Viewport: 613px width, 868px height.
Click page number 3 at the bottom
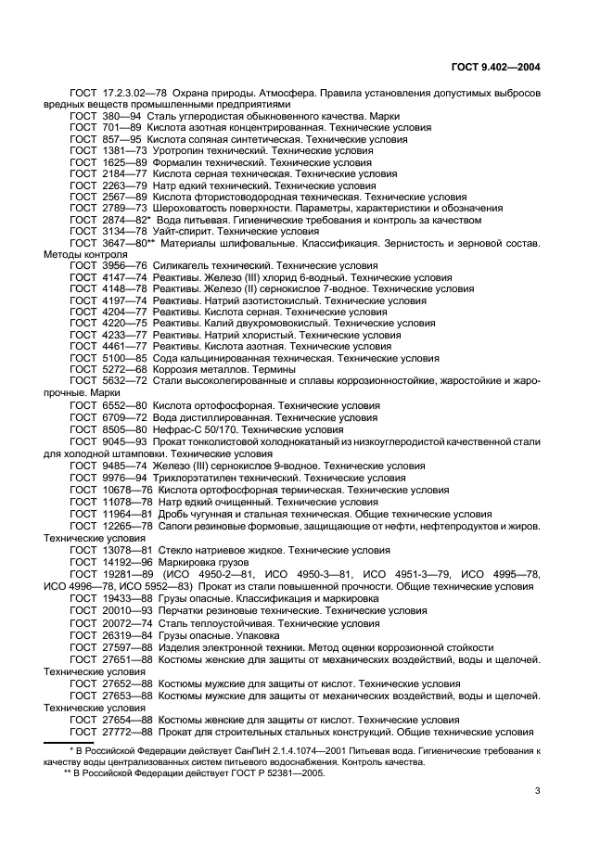538,790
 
